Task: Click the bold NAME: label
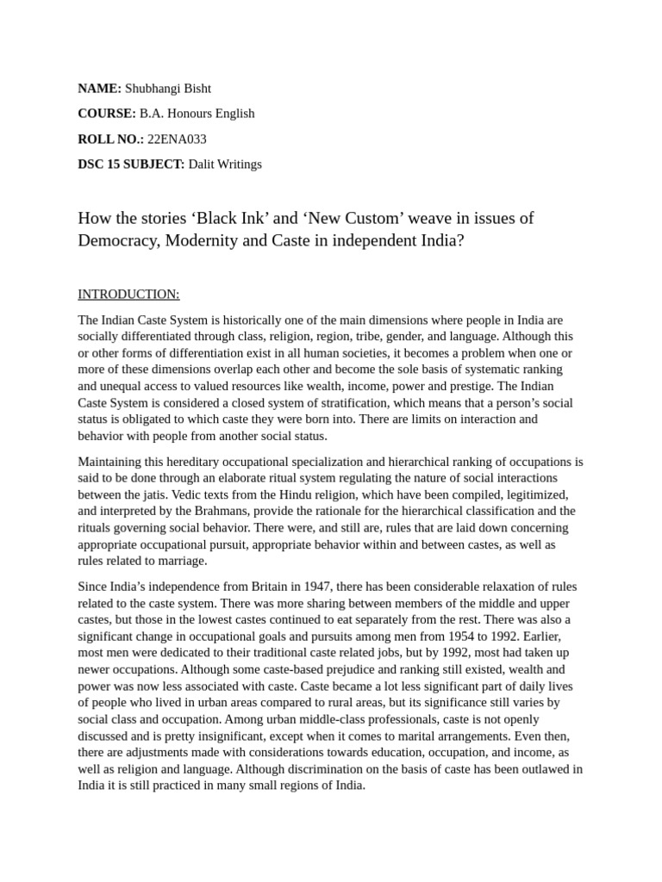(99, 88)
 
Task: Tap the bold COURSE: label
(107, 114)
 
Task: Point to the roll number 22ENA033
(177, 139)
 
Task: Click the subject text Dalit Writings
(225, 164)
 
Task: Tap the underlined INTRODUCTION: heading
(128, 295)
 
